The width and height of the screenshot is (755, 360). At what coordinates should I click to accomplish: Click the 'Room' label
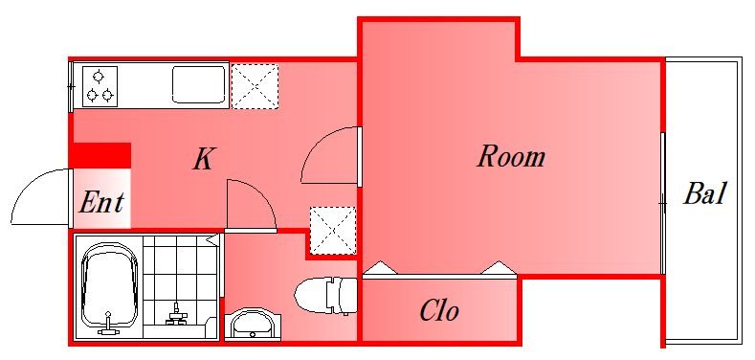[511, 157]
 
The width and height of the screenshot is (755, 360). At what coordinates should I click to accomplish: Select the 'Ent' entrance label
[101, 202]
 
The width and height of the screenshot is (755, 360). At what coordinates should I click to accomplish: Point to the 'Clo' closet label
[438, 310]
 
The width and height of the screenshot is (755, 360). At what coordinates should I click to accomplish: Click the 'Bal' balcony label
[705, 193]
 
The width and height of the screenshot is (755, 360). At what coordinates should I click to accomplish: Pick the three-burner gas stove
[100, 86]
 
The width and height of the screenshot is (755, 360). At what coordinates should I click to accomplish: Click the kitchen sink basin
[199, 85]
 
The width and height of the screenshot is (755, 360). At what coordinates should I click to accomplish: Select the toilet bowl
[325, 295]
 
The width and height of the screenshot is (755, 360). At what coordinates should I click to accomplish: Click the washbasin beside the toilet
[251, 325]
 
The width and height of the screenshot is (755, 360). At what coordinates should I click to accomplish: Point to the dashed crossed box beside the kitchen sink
[255, 86]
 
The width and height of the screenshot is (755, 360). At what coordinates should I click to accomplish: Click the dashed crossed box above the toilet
[333, 231]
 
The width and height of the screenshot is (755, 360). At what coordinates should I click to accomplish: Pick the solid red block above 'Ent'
[100, 155]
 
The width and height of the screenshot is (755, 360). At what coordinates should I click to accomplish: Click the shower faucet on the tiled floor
[177, 315]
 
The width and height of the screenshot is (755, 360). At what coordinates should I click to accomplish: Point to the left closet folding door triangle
[382, 268]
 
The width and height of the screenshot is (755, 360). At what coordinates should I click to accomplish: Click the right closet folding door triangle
[499, 268]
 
